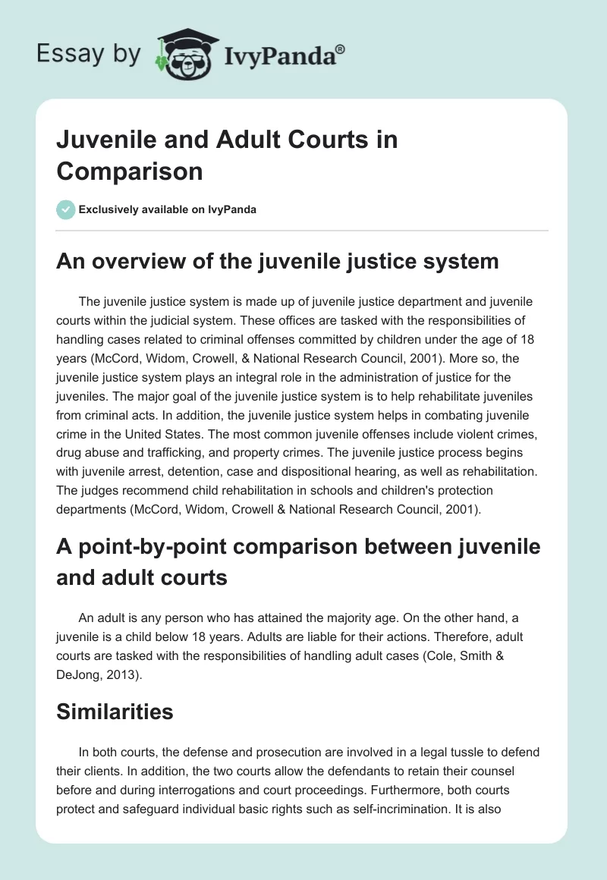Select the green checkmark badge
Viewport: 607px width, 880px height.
click(x=66, y=209)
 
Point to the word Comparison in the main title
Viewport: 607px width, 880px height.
click(x=130, y=171)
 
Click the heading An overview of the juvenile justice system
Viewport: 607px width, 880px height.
click(x=278, y=262)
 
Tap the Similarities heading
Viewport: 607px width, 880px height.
click(x=115, y=711)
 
